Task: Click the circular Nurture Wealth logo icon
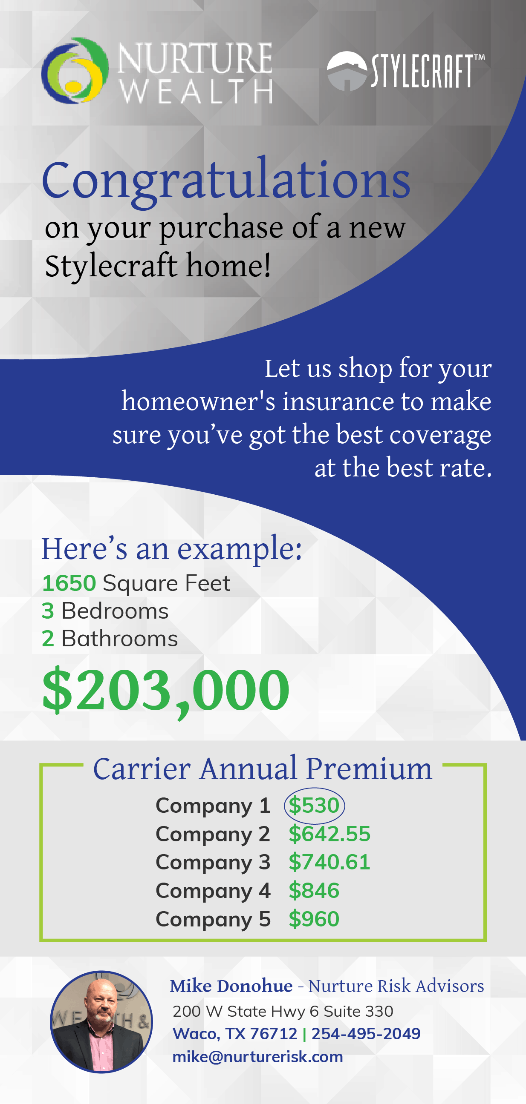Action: coord(75,71)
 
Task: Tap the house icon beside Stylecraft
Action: coord(347,71)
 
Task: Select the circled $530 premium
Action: coord(314,806)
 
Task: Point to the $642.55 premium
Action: coord(329,834)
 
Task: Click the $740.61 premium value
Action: coord(329,862)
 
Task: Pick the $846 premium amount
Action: coord(314,890)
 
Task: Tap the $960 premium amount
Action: coord(314,918)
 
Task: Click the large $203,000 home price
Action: coord(166,691)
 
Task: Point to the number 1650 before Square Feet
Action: coord(69,583)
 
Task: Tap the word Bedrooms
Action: coord(115,611)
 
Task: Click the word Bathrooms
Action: coord(120,639)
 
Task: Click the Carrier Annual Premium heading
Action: coord(263,768)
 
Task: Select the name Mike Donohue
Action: coord(231,986)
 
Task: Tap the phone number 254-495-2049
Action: coord(366,1034)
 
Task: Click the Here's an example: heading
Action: coord(172,549)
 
